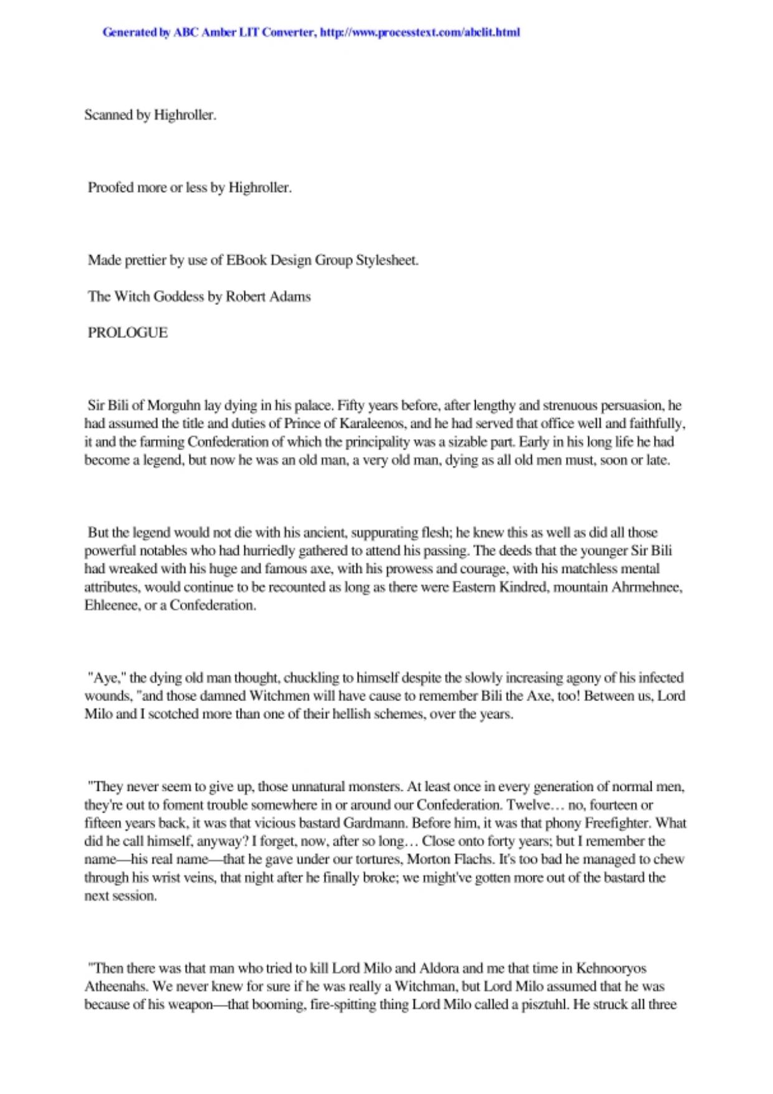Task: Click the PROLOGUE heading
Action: coord(128,332)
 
